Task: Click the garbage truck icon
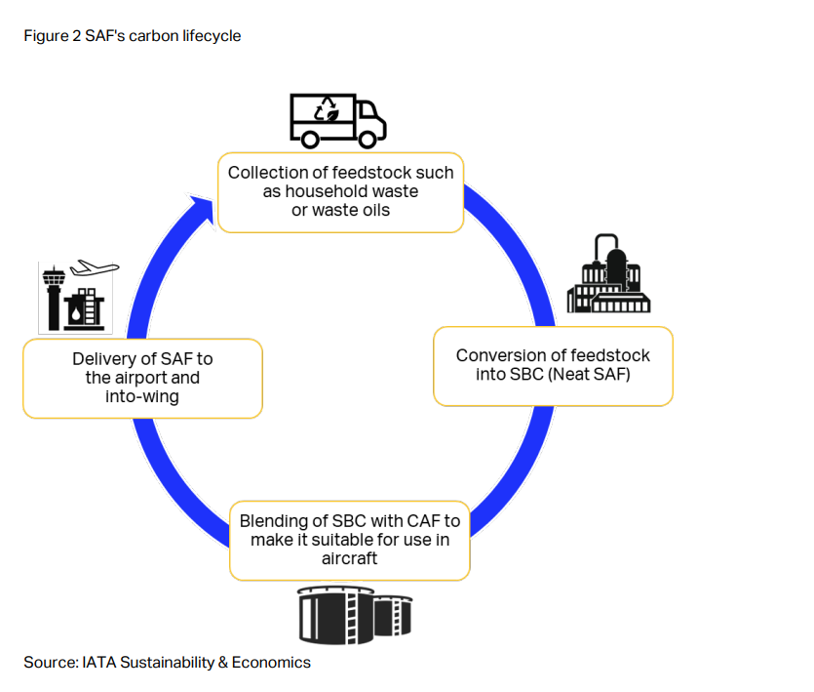point(337,121)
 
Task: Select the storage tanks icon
point(354,615)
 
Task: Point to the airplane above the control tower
point(96,267)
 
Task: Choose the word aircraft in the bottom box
point(349,558)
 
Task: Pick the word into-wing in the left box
point(141,396)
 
